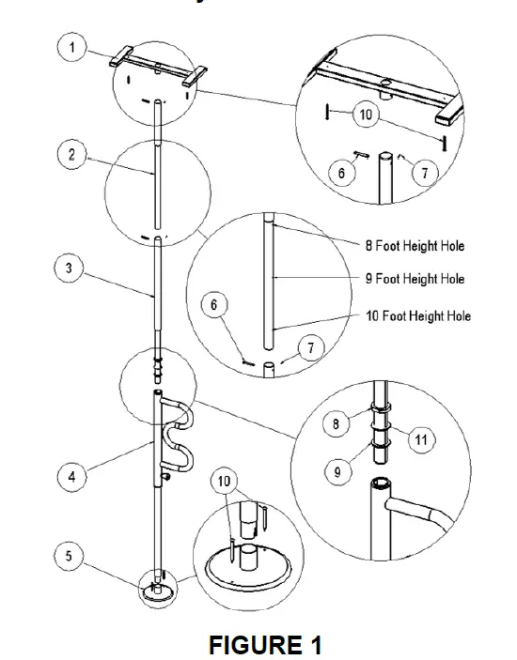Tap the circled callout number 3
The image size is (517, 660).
click(x=69, y=268)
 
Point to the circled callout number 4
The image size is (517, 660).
click(x=69, y=477)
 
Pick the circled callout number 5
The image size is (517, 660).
click(x=69, y=557)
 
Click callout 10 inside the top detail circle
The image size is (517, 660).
click(x=366, y=115)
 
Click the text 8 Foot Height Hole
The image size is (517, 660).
click(x=415, y=246)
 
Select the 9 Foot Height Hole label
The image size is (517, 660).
click(x=415, y=279)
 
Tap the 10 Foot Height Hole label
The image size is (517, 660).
click(x=417, y=316)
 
